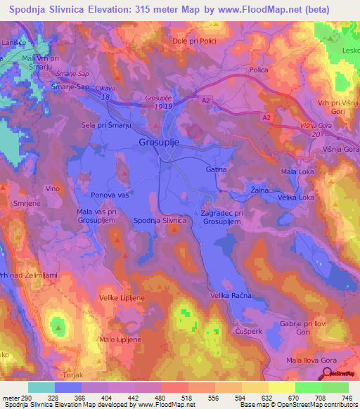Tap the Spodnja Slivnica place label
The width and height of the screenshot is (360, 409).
pyautogui.click(x=160, y=221)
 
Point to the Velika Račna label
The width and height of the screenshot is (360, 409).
pyautogui.click(x=230, y=296)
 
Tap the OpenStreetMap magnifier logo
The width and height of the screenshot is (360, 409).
pyautogui.click(x=328, y=373)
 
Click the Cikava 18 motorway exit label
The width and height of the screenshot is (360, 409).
pyautogui.click(x=105, y=91)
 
